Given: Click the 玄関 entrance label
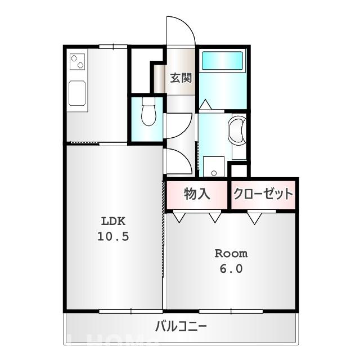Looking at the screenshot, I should coord(181,78).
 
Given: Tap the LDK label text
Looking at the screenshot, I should coord(113,220).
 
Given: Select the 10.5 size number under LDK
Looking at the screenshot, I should coord(113,236).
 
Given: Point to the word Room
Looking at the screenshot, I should coord(231,253).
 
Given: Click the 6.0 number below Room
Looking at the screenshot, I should coord(231,269).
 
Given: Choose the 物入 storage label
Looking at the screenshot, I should coord(197,194).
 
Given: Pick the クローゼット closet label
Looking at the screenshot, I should coord(263,194).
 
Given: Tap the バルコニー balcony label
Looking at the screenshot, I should coord(181,326).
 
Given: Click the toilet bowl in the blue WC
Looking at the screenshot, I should coord(148,111).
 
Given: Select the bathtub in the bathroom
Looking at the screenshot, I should coord(222,61).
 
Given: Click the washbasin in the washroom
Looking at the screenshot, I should coord(238,131).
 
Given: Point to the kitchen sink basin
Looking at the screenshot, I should coord(77,92).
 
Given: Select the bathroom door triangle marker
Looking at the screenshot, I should coord(205,105).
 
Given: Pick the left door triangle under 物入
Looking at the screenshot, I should coord(179,217).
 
